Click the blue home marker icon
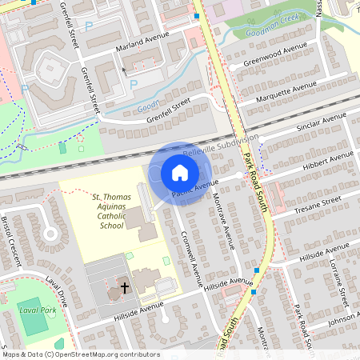click(180, 172)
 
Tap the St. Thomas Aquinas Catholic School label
click(111, 210)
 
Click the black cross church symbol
click(124, 286)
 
